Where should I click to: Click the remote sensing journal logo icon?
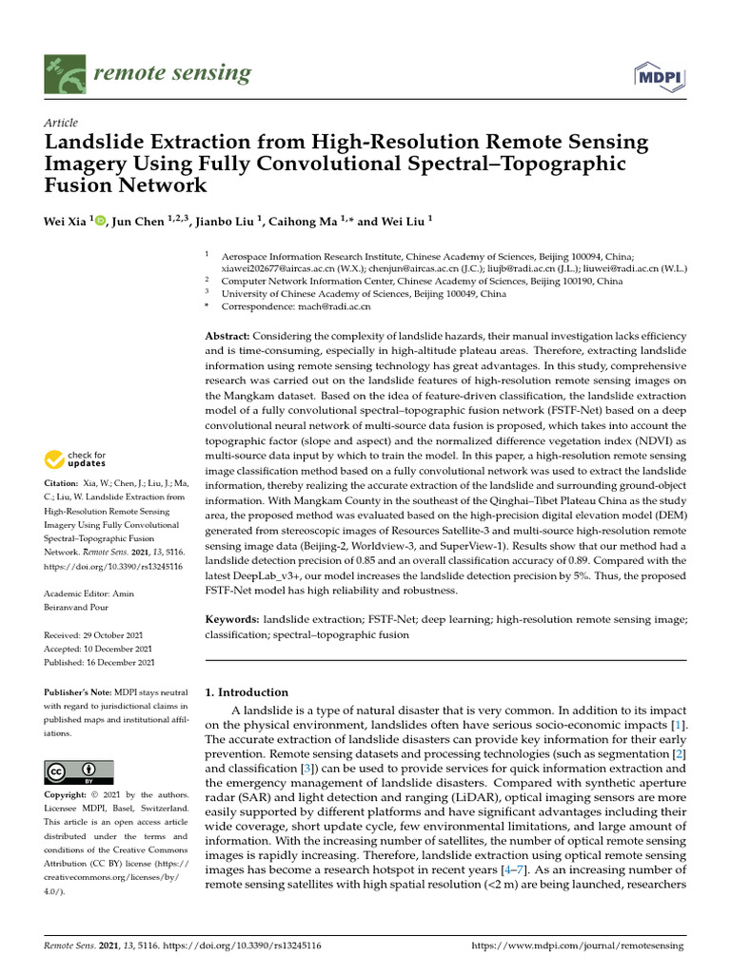[64, 74]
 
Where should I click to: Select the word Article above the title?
[61, 124]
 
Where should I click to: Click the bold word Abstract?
[228, 338]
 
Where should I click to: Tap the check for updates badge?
[74, 460]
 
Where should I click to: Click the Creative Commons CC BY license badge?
[78, 771]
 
